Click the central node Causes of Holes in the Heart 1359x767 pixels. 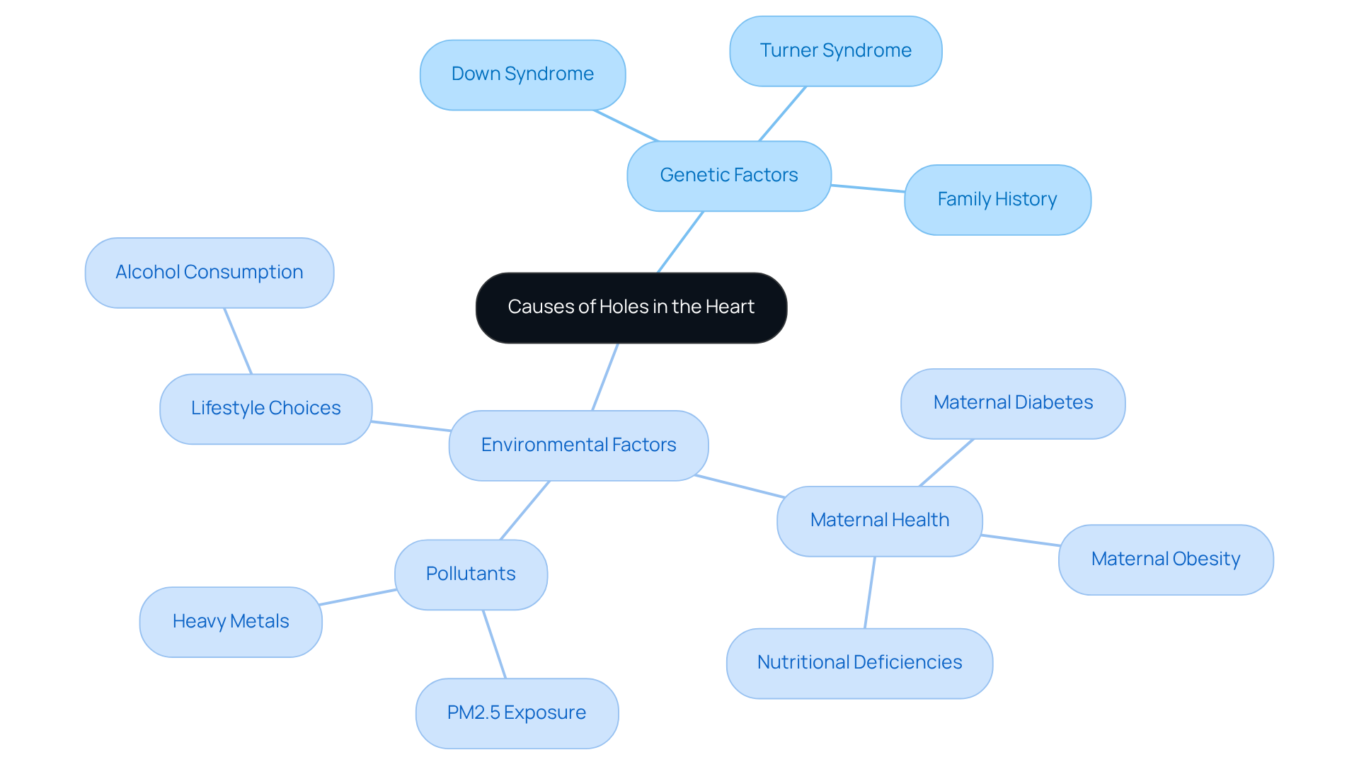(x=631, y=307)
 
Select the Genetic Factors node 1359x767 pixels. (x=728, y=176)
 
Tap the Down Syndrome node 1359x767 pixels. (x=522, y=74)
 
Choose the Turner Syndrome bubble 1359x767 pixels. (x=835, y=51)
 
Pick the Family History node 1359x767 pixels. (x=997, y=200)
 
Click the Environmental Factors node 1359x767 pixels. (x=578, y=445)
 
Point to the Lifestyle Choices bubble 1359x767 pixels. (x=265, y=409)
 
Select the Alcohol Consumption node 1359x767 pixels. (x=209, y=273)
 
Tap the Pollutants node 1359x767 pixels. (x=471, y=574)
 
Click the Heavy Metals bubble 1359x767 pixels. (x=231, y=622)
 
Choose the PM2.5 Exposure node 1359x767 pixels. (x=517, y=713)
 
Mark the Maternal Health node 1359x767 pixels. (x=879, y=521)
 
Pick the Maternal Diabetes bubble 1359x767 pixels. (x=1013, y=403)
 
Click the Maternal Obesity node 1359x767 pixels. (x=1165, y=559)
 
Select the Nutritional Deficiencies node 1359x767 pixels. (x=859, y=663)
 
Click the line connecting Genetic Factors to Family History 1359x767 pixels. (x=868, y=188)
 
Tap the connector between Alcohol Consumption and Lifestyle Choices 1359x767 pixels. (x=238, y=341)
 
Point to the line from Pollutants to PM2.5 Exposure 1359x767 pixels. (x=494, y=644)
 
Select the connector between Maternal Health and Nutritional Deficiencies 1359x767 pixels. (x=870, y=592)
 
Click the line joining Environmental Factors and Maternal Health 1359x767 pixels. (x=740, y=487)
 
